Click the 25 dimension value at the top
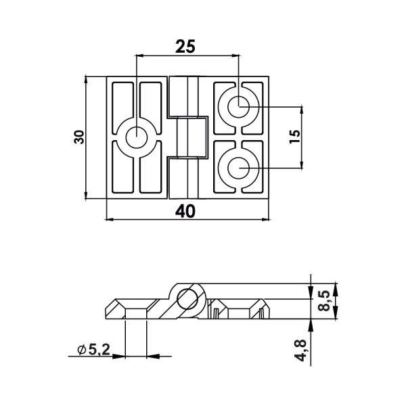click(185, 47)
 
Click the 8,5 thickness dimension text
click(323, 300)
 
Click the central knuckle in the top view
click(187, 137)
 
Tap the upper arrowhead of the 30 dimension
click(86, 80)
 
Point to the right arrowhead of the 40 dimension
click(265, 219)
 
